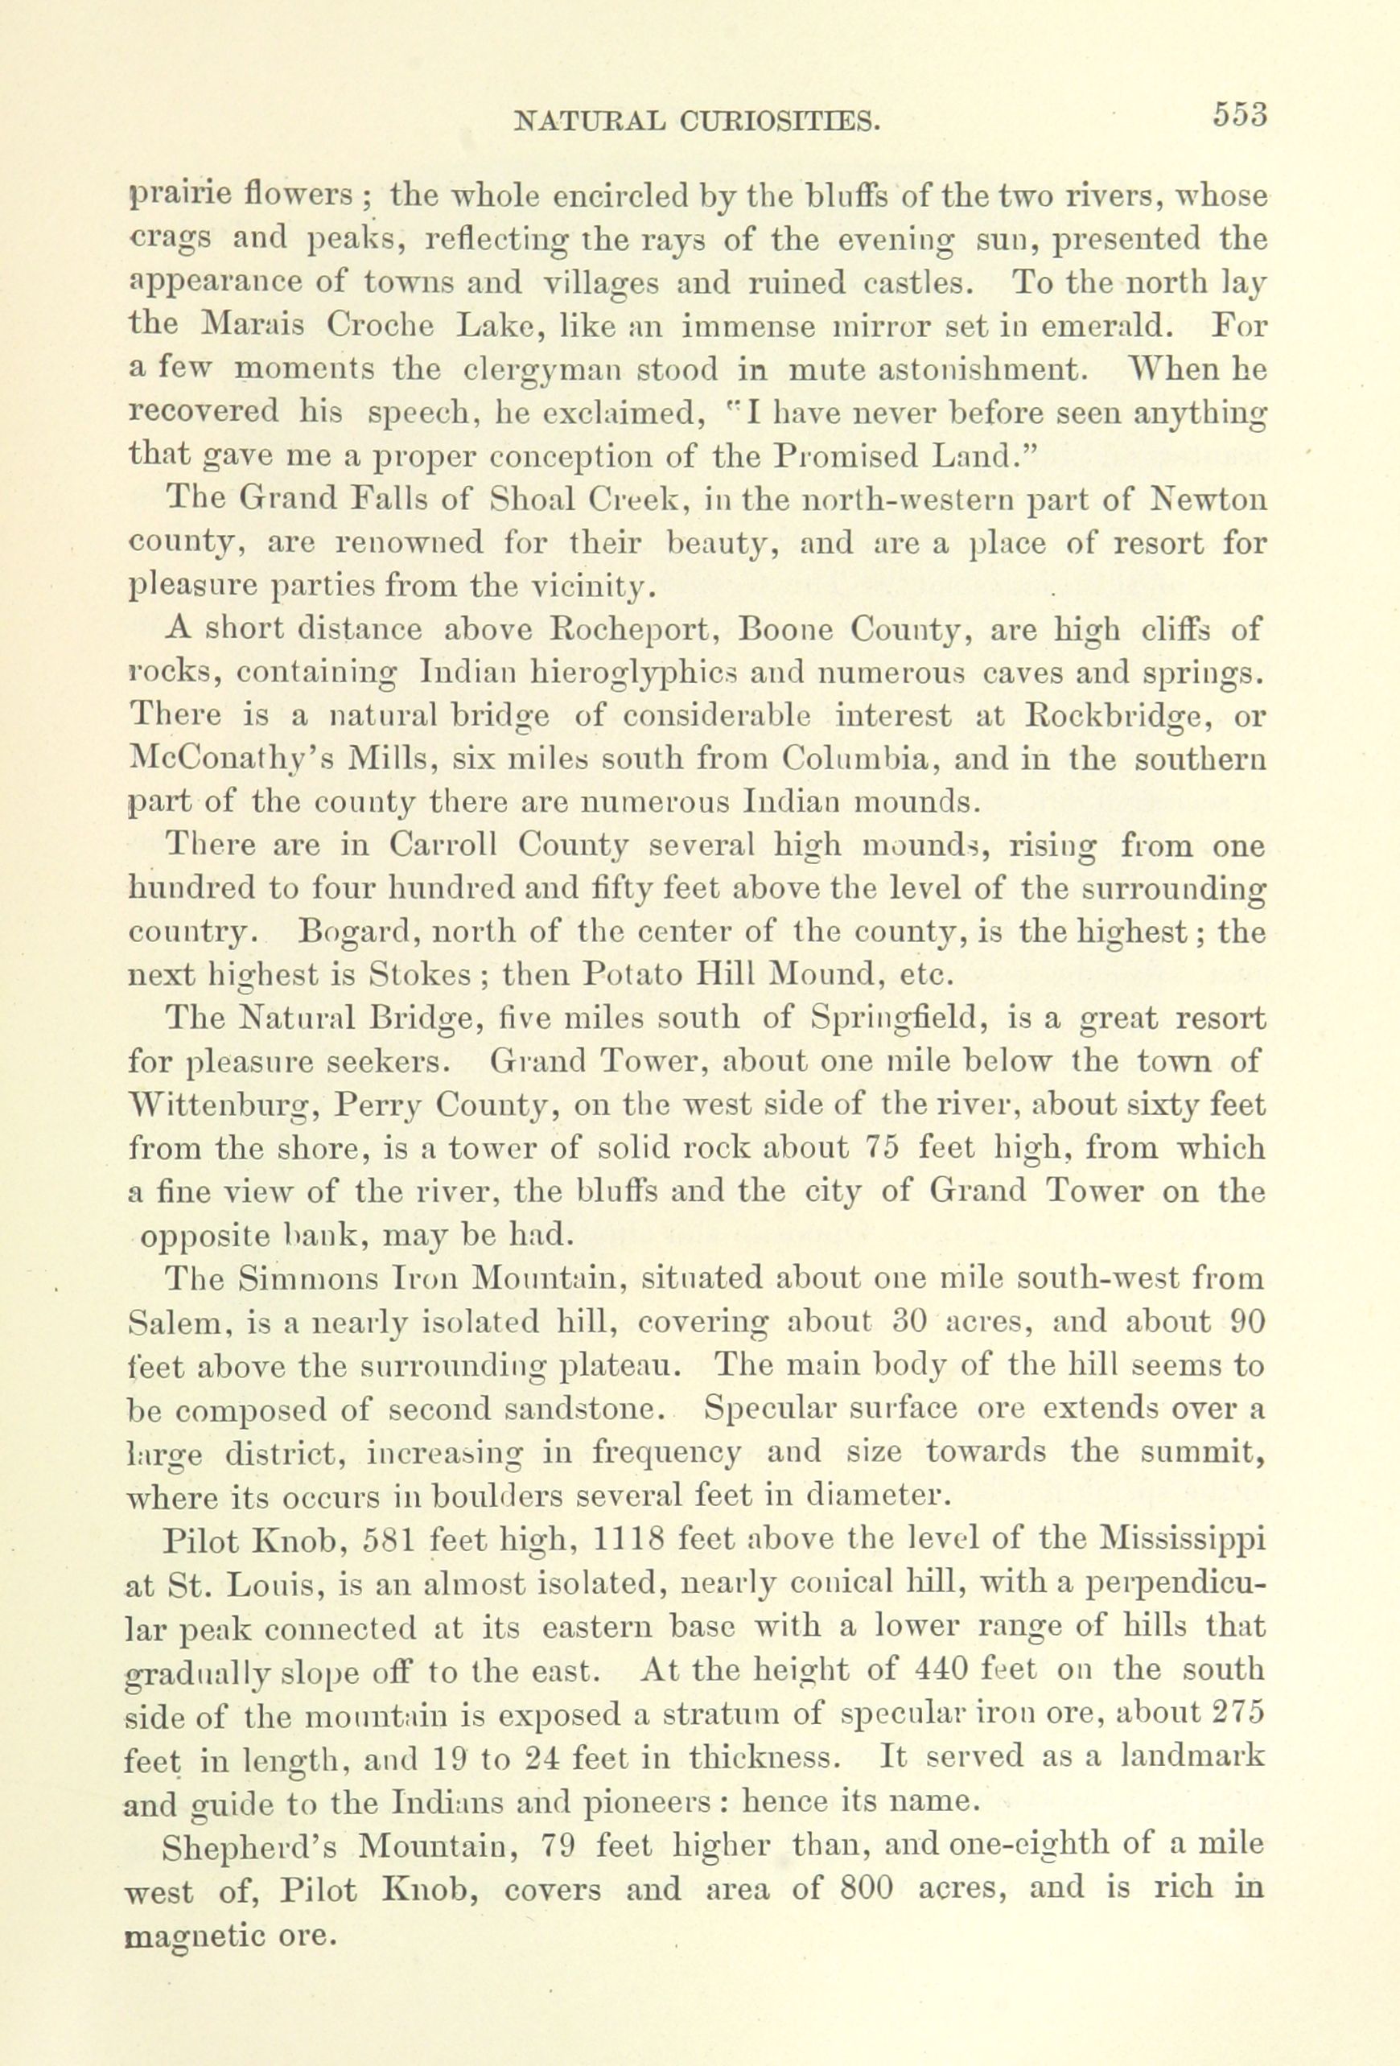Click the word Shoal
pyautogui.click(x=533, y=500)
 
